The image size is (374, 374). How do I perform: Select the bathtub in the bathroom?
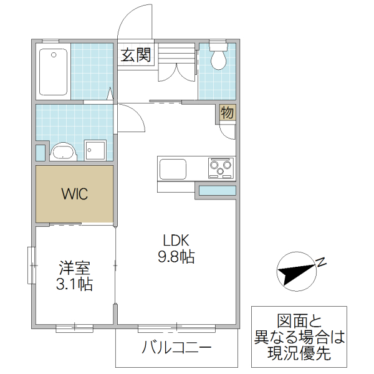point(53,72)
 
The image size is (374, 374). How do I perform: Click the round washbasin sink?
point(62,151)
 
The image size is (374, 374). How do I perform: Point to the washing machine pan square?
point(95,150)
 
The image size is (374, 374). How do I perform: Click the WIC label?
point(74,193)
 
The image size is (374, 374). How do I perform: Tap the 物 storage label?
point(228,113)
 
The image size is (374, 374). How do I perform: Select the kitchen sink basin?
point(173,168)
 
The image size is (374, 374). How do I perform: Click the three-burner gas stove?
point(221,167)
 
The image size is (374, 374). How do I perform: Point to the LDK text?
point(176,240)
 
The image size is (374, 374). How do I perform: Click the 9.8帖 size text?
point(176,256)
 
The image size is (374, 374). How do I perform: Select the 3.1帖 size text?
point(75,285)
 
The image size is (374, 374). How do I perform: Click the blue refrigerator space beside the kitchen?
point(217,191)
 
